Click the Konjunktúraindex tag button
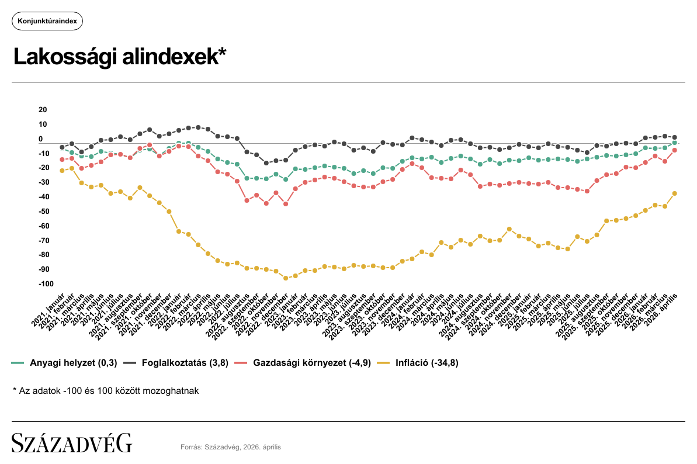pos(47,21)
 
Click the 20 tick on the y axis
pos(42,110)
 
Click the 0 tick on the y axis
pos(41,139)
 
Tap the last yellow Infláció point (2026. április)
pos(675,193)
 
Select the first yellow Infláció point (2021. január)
pos(62,171)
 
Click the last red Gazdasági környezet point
pos(675,150)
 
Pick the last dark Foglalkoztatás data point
pos(675,137)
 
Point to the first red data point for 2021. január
pos(62,160)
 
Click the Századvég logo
pos(72,443)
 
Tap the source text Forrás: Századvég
pos(231,447)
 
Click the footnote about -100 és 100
pos(106,390)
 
